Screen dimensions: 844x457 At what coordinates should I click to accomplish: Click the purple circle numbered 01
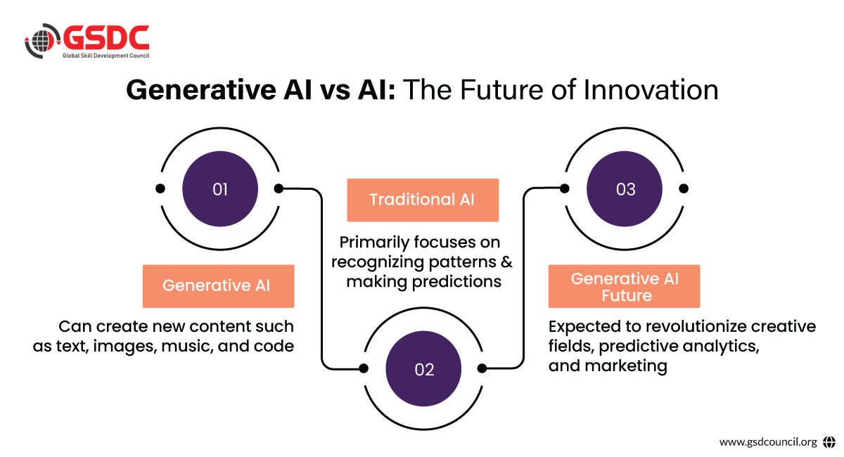220,188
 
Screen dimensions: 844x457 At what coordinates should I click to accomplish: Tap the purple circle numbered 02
423,368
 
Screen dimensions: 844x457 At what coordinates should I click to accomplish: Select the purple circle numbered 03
625,188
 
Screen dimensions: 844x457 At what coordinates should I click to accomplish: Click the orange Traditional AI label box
423,200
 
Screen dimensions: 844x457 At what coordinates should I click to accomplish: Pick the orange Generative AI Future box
624,286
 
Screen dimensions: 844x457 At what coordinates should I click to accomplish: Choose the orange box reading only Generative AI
218,286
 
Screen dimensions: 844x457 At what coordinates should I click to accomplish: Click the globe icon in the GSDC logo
41,41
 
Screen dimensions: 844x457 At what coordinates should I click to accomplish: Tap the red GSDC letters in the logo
106,37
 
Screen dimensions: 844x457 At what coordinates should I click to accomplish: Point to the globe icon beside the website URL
829,442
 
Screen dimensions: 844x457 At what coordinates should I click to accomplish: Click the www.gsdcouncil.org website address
768,442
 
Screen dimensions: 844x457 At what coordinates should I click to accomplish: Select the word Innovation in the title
651,90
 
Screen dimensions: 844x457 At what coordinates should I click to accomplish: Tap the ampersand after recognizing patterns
507,262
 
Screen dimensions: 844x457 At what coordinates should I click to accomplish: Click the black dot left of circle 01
160,188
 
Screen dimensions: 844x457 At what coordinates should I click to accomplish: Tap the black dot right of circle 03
684,188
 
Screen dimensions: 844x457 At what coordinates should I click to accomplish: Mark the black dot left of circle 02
364,368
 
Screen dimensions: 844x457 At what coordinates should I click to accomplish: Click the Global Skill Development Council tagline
106,56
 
